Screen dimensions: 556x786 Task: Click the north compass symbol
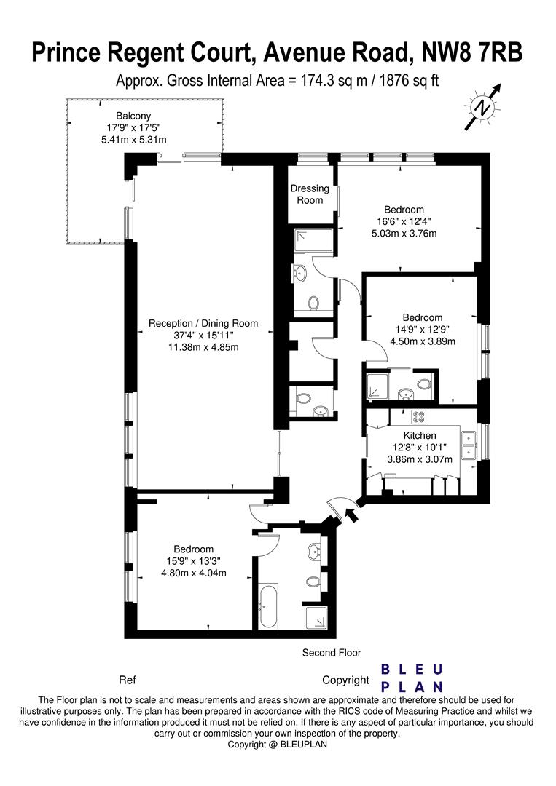(483, 107)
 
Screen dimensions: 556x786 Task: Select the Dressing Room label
(310, 194)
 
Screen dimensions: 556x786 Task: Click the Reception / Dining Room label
(203, 323)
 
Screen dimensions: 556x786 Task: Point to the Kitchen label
(420, 436)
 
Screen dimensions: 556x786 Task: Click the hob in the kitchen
(418, 416)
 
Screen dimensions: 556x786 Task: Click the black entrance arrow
(352, 515)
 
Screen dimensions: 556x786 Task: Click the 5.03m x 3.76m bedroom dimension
(404, 233)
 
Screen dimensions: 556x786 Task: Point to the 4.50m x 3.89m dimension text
(423, 341)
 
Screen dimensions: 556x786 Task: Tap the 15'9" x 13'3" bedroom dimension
(194, 561)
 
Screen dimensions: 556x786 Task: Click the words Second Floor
(331, 653)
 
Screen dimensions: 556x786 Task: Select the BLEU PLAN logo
(412, 678)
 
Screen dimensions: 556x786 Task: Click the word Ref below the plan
(128, 680)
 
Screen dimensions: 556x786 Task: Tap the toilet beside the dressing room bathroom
(314, 303)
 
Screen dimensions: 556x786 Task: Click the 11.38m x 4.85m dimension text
(203, 346)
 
